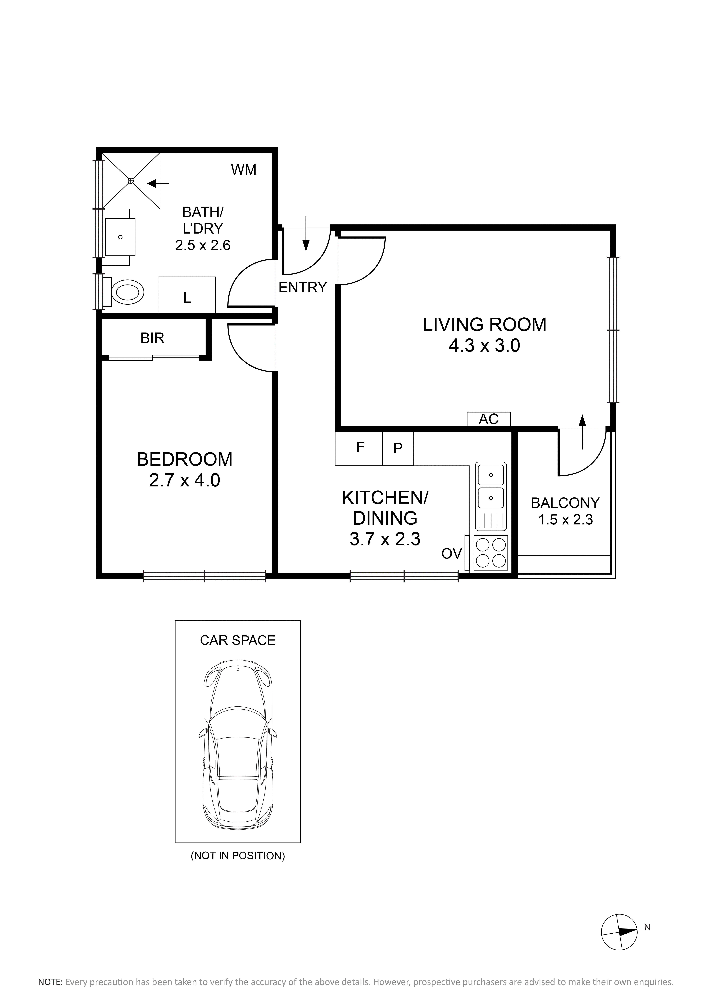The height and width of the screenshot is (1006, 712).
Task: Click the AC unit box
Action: point(488,419)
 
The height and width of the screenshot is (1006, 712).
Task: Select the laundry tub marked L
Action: point(187,295)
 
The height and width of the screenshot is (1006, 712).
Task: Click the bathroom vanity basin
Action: point(120,237)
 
